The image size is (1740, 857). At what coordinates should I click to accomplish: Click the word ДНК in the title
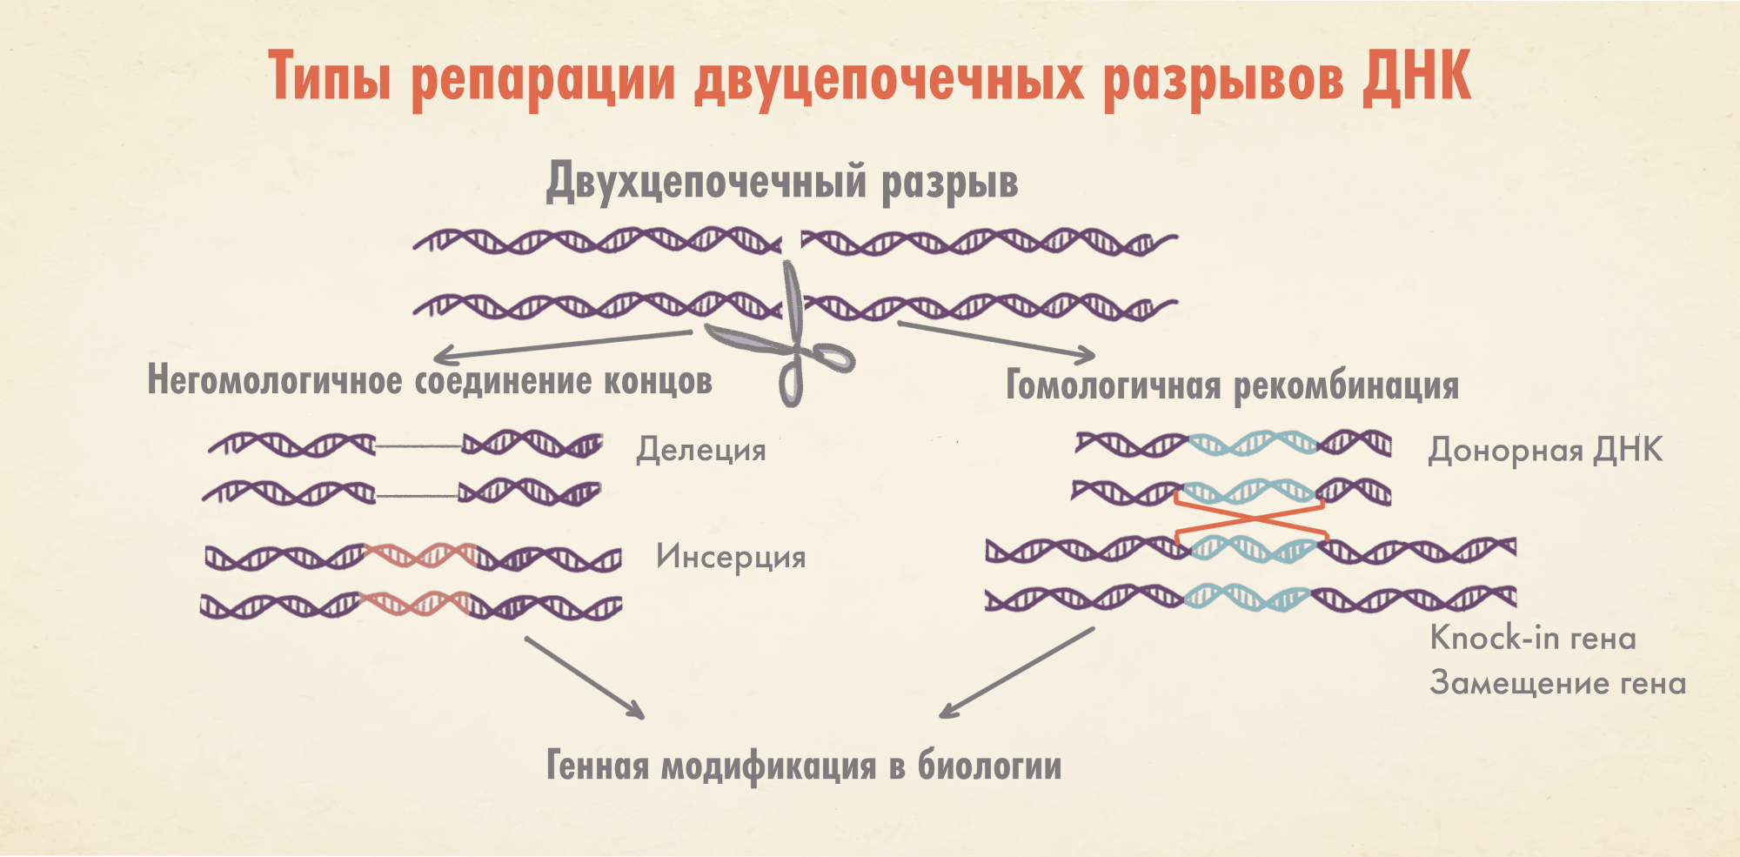tap(1416, 77)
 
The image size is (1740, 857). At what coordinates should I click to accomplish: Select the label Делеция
tap(701, 450)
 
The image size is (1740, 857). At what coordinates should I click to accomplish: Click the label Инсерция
tap(731, 557)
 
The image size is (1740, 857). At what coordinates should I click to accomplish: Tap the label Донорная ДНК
tap(1545, 450)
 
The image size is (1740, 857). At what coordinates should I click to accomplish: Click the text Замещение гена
tap(1557, 682)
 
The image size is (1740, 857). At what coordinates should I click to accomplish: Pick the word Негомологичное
tap(274, 381)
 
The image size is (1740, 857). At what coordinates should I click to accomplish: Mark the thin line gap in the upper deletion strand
tap(418, 446)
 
